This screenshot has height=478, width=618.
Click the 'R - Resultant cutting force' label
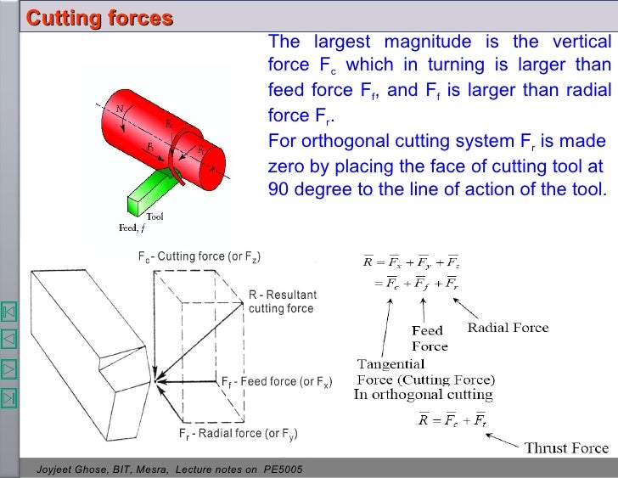click(282, 301)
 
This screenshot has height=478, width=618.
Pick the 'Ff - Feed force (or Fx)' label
click(280, 382)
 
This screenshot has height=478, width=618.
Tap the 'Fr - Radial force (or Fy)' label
click(238, 434)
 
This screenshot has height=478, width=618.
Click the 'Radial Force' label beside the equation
click(508, 327)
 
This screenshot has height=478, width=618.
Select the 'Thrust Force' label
click(566, 447)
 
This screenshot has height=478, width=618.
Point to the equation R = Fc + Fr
click(450, 419)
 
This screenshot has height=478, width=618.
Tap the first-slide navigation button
click(10, 312)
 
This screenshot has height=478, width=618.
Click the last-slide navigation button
click(10, 396)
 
